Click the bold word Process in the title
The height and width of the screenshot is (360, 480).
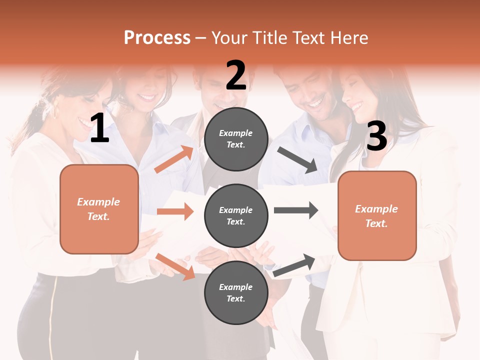point(157,38)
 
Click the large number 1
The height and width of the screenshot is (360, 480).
point(99,129)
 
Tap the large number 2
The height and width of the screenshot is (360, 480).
point(236,76)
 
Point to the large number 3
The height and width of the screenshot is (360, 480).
point(376,137)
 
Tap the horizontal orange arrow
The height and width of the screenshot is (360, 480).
point(175,211)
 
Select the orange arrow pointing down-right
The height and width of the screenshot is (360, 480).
point(175,266)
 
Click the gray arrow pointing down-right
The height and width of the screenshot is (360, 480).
point(297,159)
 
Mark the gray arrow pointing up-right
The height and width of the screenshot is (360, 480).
point(294,265)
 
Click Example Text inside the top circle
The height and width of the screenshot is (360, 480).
point(236,139)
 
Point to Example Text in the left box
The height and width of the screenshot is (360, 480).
point(98,209)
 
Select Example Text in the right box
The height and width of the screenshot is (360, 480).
point(376,216)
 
